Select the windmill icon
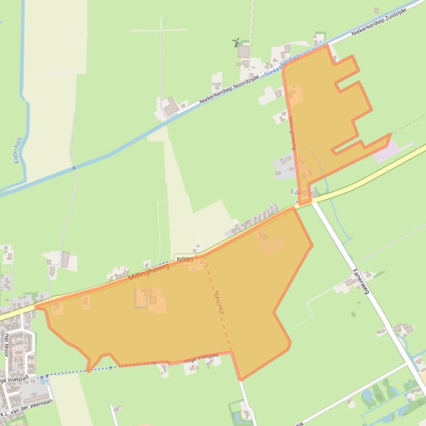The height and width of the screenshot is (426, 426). coord(236,42)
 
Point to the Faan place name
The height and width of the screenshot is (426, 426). coord(299,192)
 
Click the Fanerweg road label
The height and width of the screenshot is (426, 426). coord(360,282)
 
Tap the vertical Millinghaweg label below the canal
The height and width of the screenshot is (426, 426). coord(292,133)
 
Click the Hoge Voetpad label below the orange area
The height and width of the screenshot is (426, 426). coord(200,357)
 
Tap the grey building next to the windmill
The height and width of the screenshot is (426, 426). coord(244,51)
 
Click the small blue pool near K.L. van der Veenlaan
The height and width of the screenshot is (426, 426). coord(41,381)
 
